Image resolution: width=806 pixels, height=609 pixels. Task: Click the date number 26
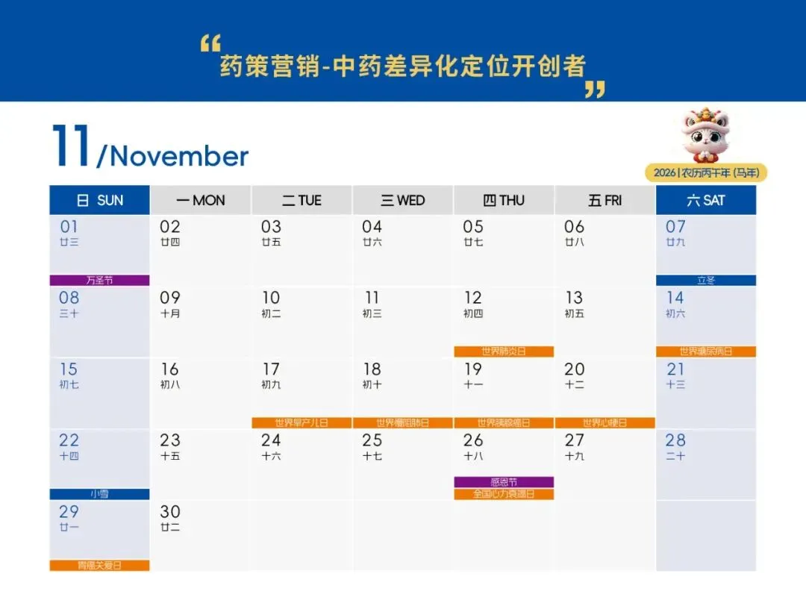click(x=473, y=440)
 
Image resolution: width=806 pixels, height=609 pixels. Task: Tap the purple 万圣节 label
click(x=99, y=281)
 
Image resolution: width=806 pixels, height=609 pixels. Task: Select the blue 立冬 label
click(x=705, y=281)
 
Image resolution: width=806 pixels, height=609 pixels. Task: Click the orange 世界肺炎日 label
click(x=504, y=352)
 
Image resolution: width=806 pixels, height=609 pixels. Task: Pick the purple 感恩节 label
click(x=504, y=482)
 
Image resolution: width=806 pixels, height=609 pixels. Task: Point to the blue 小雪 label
click(x=99, y=494)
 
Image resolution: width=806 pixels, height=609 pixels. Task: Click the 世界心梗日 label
click(x=604, y=422)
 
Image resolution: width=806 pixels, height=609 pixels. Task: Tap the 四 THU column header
click(x=504, y=200)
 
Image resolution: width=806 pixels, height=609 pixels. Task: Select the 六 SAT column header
click(x=705, y=200)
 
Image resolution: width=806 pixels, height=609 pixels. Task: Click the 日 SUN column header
click(x=99, y=200)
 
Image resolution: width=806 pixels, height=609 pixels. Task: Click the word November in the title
click(x=179, y=156)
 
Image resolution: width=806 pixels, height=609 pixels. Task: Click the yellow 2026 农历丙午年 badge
click(x=705, y=172)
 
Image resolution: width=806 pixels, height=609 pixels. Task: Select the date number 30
click(x=170, y=512)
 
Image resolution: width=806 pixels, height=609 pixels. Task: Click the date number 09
click(x=170, y=298)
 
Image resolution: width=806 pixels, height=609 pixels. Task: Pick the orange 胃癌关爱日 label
click(x=99, y=566)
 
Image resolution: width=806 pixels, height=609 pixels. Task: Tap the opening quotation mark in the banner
click(x=210, y=43)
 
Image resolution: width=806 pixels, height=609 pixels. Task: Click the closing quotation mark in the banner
click(x=595, y=90)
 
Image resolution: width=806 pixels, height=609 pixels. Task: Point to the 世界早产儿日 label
click(x=302, y=422)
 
